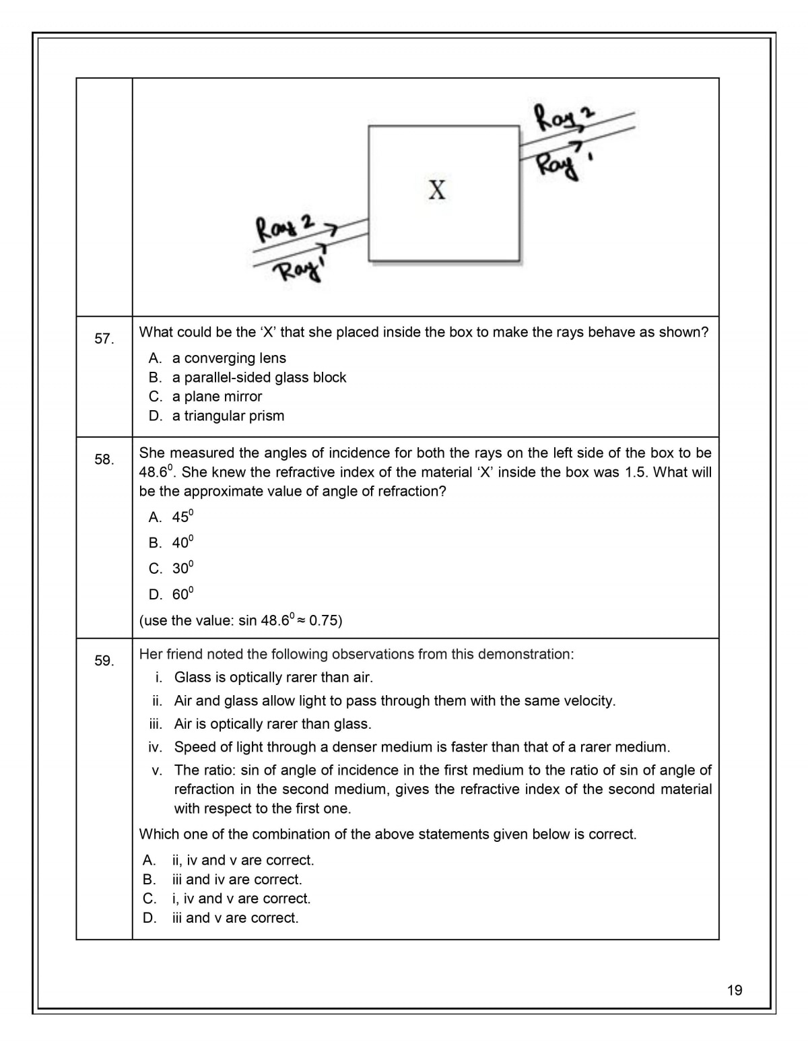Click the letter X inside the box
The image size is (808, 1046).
point(437,190)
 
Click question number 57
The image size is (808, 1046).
point(104,339)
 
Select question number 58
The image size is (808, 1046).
point(104,459)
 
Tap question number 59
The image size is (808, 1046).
point(104,661)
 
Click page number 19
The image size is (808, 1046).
point(735,989)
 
